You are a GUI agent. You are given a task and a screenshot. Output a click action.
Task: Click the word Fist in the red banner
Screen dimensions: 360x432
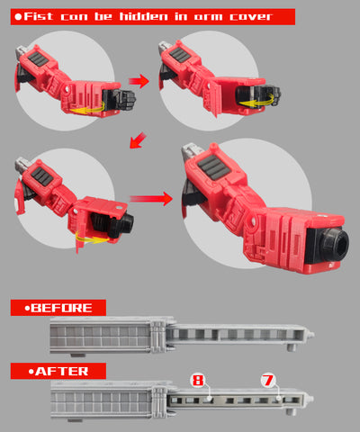pos(39,16)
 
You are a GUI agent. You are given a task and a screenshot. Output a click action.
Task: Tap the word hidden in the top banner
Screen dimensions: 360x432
pos(144,16)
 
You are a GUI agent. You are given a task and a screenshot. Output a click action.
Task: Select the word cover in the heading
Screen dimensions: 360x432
pos(251,17)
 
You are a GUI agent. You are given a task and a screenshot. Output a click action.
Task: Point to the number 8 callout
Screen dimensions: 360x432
pos(198,380)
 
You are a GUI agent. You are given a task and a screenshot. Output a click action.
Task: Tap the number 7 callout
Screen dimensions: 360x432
pos(268,380)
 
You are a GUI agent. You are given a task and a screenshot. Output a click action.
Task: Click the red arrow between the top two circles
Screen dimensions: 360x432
pos(139,81)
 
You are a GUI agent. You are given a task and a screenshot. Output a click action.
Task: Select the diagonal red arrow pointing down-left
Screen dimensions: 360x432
pos(138,140)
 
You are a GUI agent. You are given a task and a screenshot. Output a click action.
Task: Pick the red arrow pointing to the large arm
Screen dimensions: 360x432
pos(150,199)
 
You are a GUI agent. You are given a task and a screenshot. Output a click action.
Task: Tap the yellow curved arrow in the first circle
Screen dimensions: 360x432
pos(88,108)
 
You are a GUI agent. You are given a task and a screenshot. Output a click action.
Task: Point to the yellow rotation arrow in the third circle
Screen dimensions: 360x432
pos(92,238)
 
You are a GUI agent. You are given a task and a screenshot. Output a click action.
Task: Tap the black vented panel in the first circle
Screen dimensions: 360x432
pos(38,58)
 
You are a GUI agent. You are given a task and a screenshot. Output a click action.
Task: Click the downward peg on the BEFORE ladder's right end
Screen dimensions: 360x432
pos(292,347)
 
